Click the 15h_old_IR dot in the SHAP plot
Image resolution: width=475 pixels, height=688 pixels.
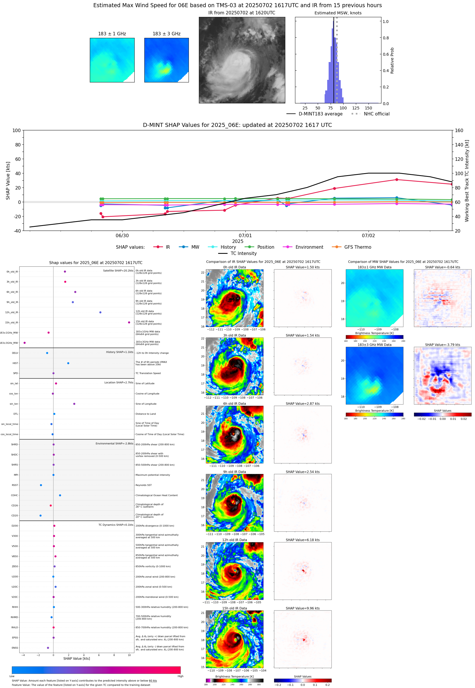(129, 322)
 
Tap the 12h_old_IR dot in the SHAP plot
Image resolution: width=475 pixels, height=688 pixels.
(100, 312)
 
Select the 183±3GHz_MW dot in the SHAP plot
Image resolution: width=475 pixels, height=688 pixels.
(24, 343)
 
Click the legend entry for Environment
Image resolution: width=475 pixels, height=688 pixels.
(309, 247)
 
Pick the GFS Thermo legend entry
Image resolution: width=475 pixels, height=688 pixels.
(357, 247)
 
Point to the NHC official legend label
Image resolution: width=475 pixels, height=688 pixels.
(376, 114)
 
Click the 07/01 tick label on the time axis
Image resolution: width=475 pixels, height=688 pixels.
(245, 235)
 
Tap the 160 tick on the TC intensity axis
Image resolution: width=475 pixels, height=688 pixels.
(459, 130)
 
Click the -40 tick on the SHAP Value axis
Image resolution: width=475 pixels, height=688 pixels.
(17, 231)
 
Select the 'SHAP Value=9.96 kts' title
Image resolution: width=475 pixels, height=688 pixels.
(303, 608)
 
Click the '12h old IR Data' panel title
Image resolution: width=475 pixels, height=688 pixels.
(234, 540)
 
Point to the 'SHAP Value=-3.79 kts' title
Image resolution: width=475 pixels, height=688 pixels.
(442, 345)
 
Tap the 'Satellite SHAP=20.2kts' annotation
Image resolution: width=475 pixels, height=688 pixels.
(118, 270)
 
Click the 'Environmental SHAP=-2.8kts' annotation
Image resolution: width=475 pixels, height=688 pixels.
(114, 443)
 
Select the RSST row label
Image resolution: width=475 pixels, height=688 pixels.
(15, 485)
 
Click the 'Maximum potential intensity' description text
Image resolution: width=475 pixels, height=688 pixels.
(153, 475)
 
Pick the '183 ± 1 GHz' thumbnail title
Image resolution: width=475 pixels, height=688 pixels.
(112, 34)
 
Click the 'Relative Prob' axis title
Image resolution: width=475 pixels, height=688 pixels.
(392, 60)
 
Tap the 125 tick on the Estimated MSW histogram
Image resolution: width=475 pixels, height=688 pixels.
(356, 108)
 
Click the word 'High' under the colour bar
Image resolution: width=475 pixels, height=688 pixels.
(180, 676)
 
